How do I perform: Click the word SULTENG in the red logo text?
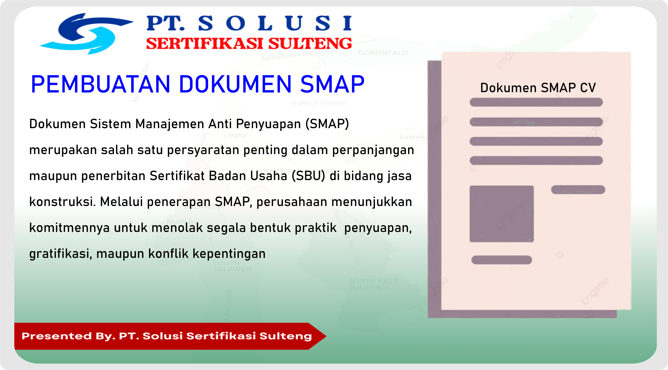click(x=310, y=43)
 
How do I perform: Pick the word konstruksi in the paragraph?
click(x=62, y=202)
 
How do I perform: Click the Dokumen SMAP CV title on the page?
click(x=538, y=88)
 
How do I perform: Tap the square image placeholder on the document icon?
click(x=501, y=214)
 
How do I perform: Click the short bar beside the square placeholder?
click(x=578, y=190)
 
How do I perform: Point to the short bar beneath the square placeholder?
click(x=501, y=260)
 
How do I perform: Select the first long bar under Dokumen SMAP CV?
click(x=536, y=102)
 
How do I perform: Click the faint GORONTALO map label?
click(x=383, y=53)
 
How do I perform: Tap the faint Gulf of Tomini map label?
click(x=318, y=103)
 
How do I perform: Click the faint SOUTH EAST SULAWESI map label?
click(x=373, y=284)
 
